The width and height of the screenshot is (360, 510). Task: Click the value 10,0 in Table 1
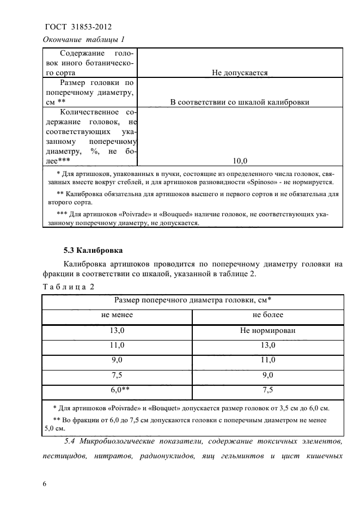tap(240, 161)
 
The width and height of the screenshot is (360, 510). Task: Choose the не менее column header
tap(117, 314)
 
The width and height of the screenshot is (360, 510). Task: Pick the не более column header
tap(267, 314)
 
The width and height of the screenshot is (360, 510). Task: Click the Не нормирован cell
tap(267, 330)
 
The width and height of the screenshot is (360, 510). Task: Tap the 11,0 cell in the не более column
tap(267, 360)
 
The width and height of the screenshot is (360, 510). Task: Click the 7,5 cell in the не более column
tap(267, 390)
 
